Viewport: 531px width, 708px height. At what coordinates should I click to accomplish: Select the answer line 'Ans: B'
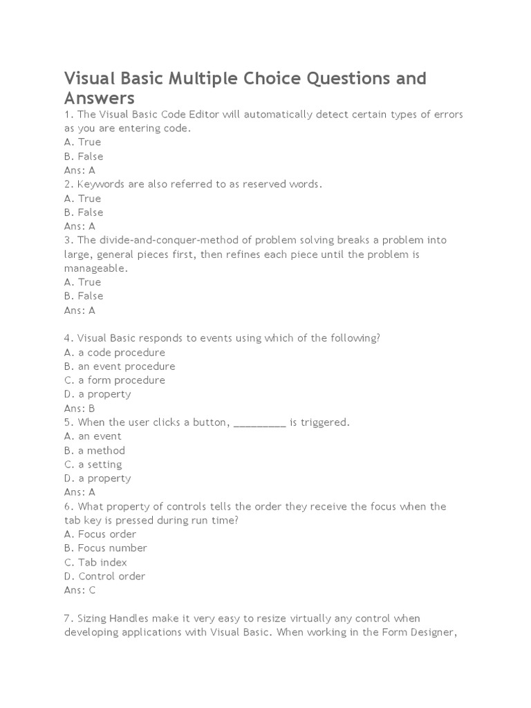pyautogui.click(x=80, y=408)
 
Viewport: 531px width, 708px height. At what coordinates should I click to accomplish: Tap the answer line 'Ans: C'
pyautogui.click(x=80, y=590)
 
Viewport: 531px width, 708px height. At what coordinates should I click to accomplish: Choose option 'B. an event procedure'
pyautogui.click(x=120, y=366)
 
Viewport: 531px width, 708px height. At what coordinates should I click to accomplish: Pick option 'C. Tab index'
pyautogui.click(x=95, y=562)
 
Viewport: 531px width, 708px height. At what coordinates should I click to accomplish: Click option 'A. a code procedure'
pyautogui.click(x=115, y=352)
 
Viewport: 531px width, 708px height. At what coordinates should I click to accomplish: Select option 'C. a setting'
pyautogui.click(x=93, y=464)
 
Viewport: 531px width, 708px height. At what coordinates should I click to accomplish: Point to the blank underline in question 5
pyautogui.click(x=260, y=423)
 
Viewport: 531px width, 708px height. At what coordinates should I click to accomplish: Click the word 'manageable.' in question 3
pyautogui.click(x=96, y=268)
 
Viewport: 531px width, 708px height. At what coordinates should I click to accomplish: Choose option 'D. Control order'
pyautogui.click(x=105, y=576)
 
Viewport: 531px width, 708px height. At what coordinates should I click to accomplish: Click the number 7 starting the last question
pyautogui.click(x=67, y=617)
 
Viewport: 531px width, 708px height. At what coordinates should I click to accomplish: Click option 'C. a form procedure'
pyautogui.click(x=115, y=380)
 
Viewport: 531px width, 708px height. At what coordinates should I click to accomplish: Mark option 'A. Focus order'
pyautogui.click(x=100, y=534)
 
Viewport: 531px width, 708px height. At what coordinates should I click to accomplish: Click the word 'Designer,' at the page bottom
pyautogui.click(x=438, y=632)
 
